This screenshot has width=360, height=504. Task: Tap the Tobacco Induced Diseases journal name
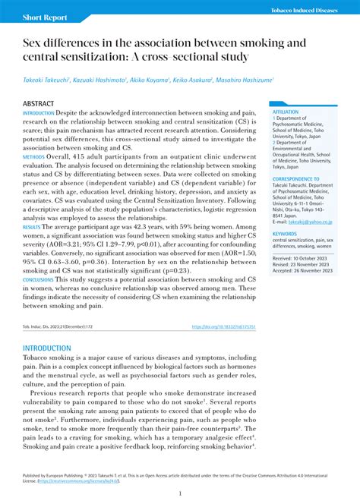coord(308,9)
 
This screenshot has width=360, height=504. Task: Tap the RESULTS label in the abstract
coord(32,226)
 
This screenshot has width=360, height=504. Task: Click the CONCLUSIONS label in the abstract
coord(38,280)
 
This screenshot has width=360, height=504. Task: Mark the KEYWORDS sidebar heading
coord(285,234)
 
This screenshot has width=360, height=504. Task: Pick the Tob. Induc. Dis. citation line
coord(54,327)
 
